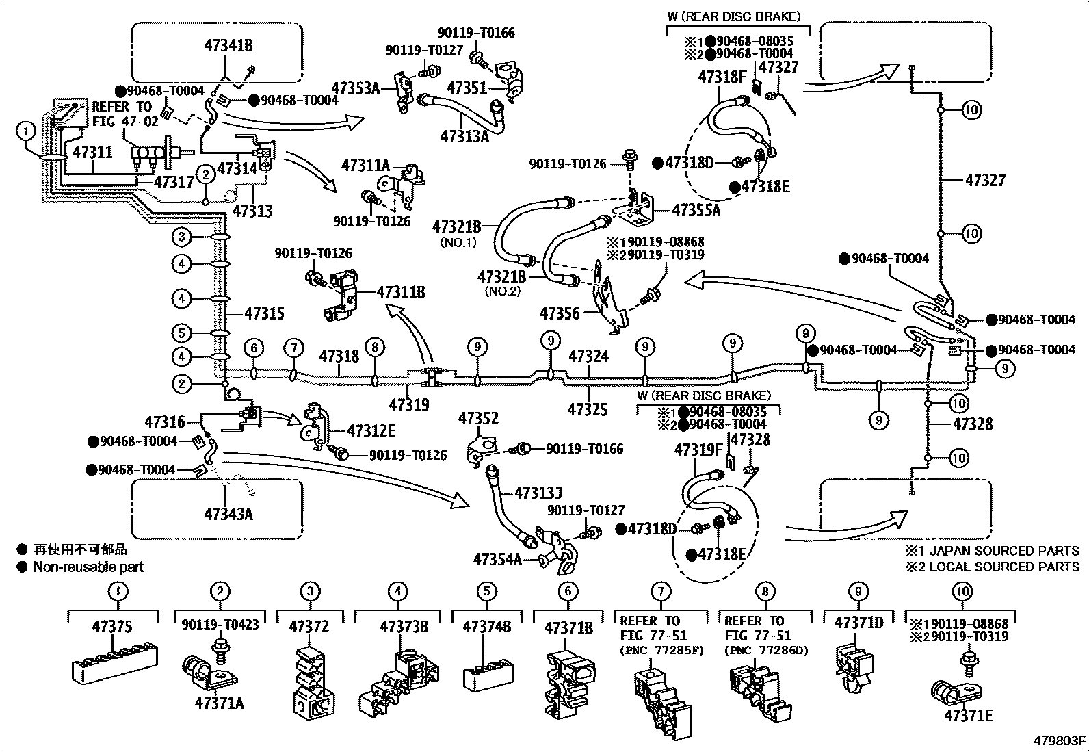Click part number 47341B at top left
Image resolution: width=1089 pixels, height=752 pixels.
[228, 46]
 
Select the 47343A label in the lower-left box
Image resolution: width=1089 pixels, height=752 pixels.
[228, 513]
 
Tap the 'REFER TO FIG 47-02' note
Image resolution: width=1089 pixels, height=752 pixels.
[124, 114]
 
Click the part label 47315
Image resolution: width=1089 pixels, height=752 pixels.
[264, 314]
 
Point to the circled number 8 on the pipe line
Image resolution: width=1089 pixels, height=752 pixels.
[374, 347]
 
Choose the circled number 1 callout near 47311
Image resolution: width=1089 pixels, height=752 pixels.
[25, 130]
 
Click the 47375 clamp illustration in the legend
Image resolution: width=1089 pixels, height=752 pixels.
[114, 662]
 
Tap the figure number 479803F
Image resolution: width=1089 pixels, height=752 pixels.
[1059, 741]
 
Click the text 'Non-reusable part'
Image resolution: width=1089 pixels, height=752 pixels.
[88, 567]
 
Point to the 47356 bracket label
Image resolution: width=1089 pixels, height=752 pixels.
[559, 314]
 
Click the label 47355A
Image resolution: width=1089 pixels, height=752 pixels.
[696, 210]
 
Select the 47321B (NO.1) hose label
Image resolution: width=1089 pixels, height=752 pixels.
[456, 226]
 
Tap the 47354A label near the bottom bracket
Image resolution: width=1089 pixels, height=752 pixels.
[497, 559]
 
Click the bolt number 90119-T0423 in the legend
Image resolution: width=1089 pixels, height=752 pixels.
[220, 625]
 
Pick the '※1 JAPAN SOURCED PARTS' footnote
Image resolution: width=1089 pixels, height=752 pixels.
[993, 551]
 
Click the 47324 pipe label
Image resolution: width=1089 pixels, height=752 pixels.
[588, 356]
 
